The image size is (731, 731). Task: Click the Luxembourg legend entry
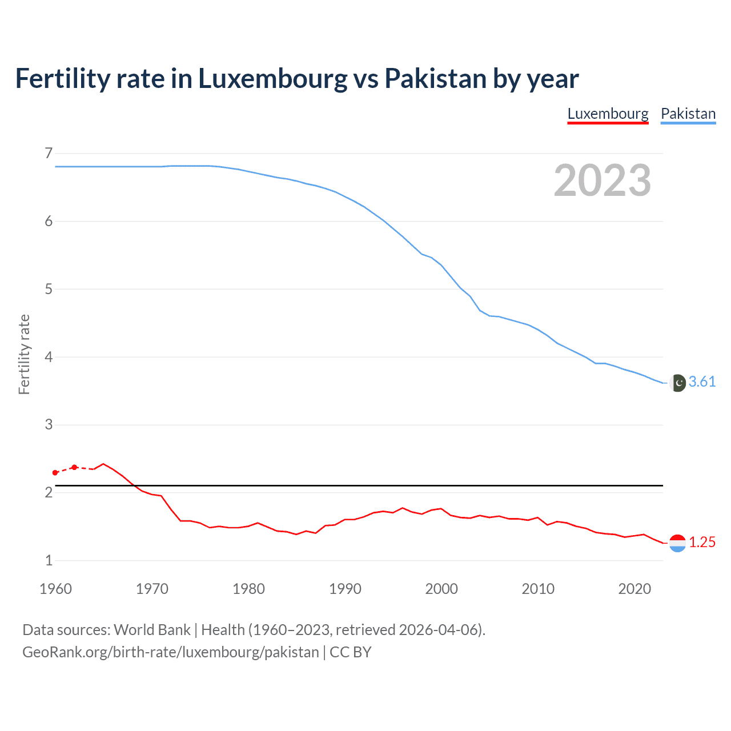(608, 114)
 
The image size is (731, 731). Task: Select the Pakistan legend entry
(688, 114)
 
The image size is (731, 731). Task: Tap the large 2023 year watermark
(602, 180)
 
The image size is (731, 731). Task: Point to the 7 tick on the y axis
(49, 153)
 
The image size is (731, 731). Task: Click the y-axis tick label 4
(49, 357)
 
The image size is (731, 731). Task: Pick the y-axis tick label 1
(49, 560)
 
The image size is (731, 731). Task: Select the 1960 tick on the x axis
(55, 589)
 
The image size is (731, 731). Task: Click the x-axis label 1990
(345, 589)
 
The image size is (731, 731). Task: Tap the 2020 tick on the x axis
(634, 589)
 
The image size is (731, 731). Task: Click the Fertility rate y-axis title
(24, 354)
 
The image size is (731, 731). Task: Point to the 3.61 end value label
(702, 381)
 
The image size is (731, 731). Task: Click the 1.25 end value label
(702, 542)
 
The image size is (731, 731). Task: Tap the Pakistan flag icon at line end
(678, 383)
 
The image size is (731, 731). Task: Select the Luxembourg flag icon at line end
(677, 543)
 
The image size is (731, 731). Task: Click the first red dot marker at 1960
(55, 473)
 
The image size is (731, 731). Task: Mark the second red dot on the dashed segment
(74, 467)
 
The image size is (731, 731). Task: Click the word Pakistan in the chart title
(435, 78)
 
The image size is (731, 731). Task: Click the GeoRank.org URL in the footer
(170, 652)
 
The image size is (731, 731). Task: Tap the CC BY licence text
(351, 652)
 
